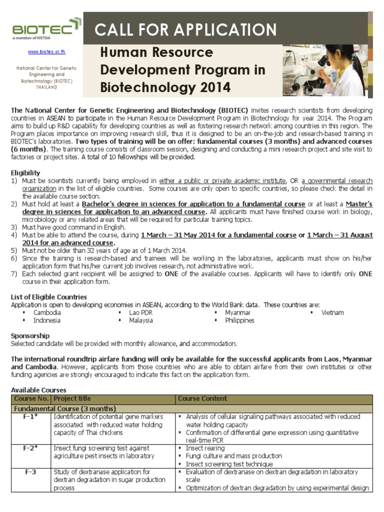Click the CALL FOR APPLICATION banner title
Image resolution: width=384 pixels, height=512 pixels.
pyautogui.click(x=186, y=29)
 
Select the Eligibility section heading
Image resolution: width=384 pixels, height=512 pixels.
pyautogui.click(x=25, y=172)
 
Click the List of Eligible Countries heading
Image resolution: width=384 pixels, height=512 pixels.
pyautogui.click(x=49, y=297)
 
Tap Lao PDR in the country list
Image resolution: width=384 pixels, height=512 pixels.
pyautogui.click(x=140, y=312)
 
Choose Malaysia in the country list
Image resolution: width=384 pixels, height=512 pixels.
pyautogui.click(x=141, y=320)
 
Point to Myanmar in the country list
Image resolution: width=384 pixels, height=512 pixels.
pyautogui.click(x=237, y=312)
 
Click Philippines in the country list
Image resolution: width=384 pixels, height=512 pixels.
pyautogui.click(x=239, y=320)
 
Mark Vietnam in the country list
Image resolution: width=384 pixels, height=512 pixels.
pyautogui.click(x=332, y=312)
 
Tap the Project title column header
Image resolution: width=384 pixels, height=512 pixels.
pyautogui.click(x=72, y=398)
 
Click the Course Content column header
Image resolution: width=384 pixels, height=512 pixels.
pyautogui.click(x=202, y=398)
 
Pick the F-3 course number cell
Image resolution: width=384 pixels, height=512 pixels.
pyautogui.click(x=31, y=471)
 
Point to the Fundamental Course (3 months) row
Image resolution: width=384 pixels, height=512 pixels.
pyautogui.click(x=64, y=408)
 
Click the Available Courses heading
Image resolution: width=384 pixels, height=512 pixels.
pyautogui.click(x=38, y=389)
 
